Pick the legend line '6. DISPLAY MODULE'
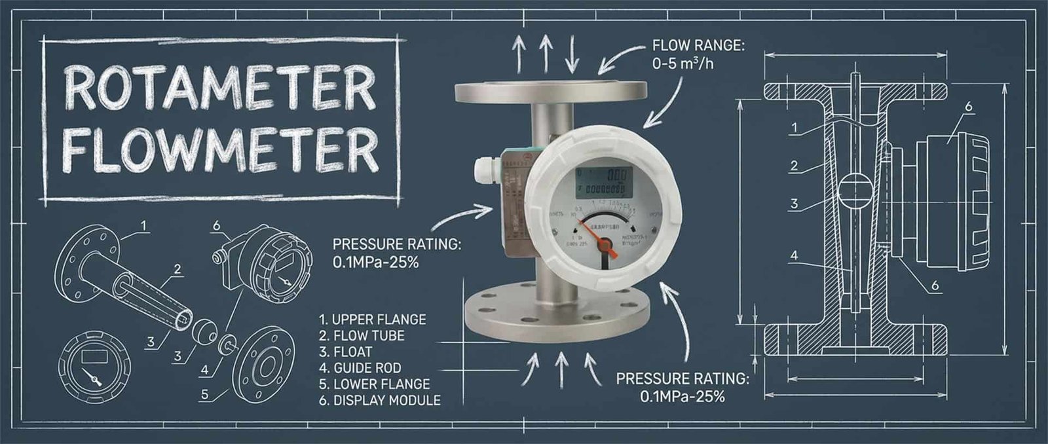[x=380, y=400]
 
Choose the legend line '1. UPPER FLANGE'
[x=372, y=320]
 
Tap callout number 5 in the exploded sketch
[x=205, y=394]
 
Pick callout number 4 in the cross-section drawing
[x=794, y=255]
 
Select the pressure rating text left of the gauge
[x=397, y=253]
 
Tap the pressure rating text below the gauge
[x=682, y=387]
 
